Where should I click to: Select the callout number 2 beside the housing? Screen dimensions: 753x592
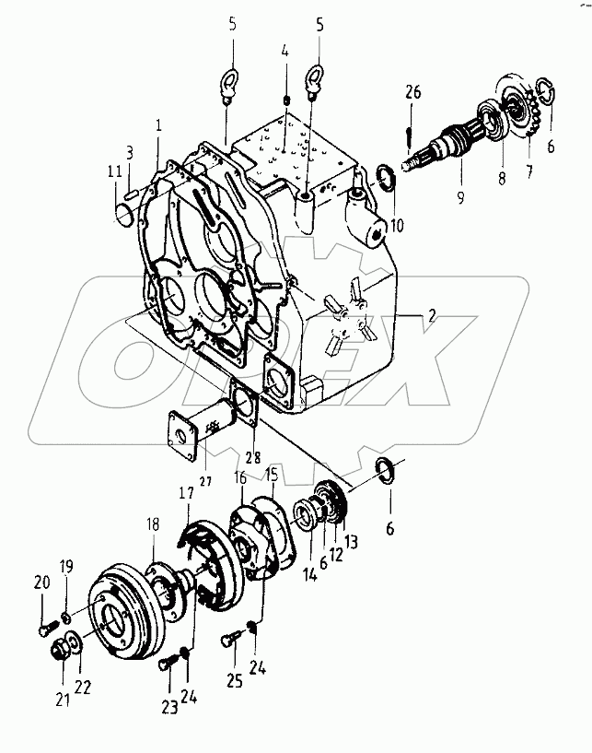pos(430,315)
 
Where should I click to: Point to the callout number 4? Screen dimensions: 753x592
pos(285,53)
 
